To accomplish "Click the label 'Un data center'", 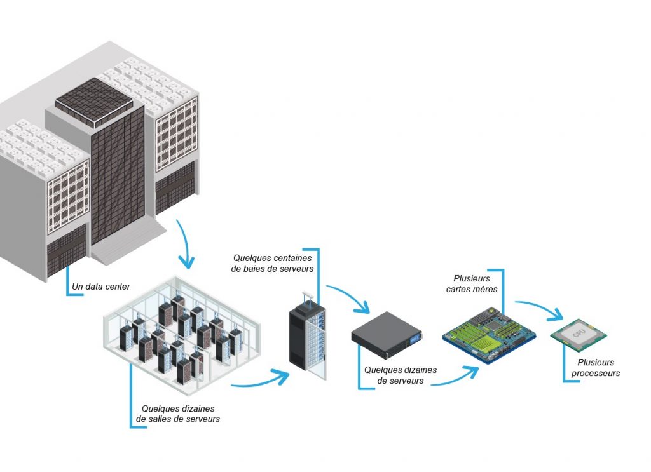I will click(x=101, y=287).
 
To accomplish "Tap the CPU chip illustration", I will click(x=578, y=335).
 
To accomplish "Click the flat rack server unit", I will click(x=387, y=334).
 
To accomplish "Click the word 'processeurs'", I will click(x=595, y=374).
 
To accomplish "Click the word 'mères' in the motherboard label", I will click(x=487, y=289).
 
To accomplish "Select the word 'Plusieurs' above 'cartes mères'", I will click(x=472, y=278).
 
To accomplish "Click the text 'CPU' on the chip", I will click(x=579, y=332).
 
